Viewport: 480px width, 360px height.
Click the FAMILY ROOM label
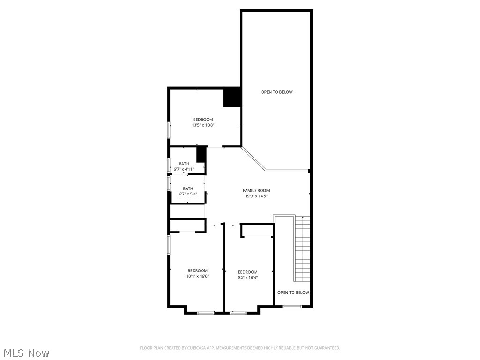256,190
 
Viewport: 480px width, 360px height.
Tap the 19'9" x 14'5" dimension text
256,196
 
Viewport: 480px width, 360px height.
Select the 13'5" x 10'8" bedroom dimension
203,125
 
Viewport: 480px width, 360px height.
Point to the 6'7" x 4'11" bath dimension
184,169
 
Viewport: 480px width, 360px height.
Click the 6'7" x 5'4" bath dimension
187,194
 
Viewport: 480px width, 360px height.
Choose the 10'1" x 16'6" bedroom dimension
197,276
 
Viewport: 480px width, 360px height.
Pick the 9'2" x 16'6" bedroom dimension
247,277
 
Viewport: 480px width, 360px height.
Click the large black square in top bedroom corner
232,97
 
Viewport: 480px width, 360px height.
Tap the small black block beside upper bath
202,154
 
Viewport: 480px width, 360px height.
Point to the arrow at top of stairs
303,217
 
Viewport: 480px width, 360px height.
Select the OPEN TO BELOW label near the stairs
293,292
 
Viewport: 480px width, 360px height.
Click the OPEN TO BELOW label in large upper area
277,92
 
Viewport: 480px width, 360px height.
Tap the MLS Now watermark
26,352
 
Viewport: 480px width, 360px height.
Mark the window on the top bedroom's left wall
169,130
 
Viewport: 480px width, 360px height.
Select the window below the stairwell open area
292,307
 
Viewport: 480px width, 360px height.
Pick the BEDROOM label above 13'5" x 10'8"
203,120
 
